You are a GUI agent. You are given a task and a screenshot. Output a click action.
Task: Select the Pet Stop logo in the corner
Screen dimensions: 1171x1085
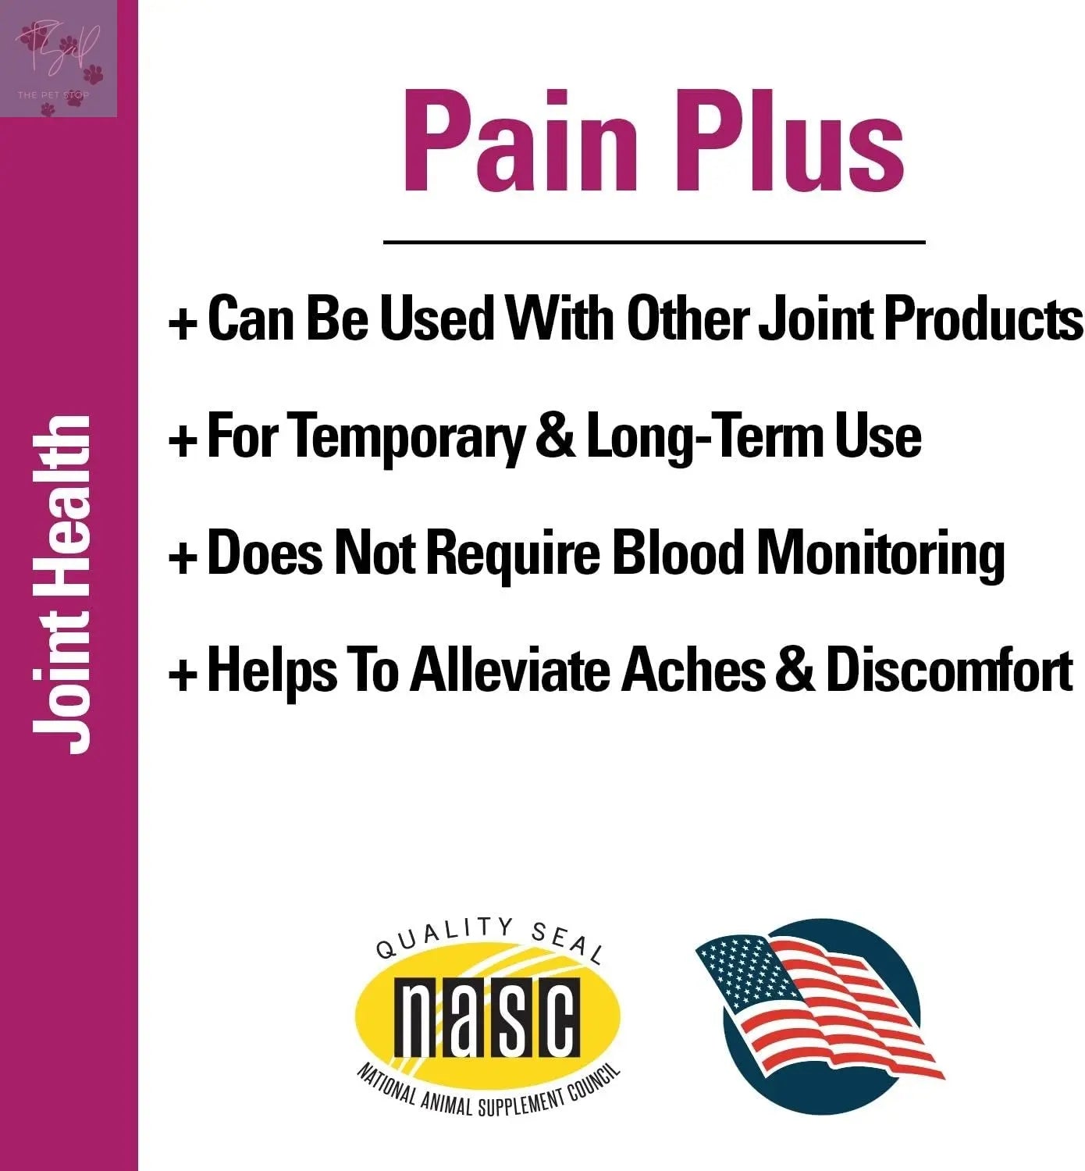(59, 59)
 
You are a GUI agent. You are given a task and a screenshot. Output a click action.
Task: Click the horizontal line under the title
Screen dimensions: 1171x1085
(654, 243)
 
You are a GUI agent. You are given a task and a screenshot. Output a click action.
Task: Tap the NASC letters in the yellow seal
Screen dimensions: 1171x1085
(488, 1015)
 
